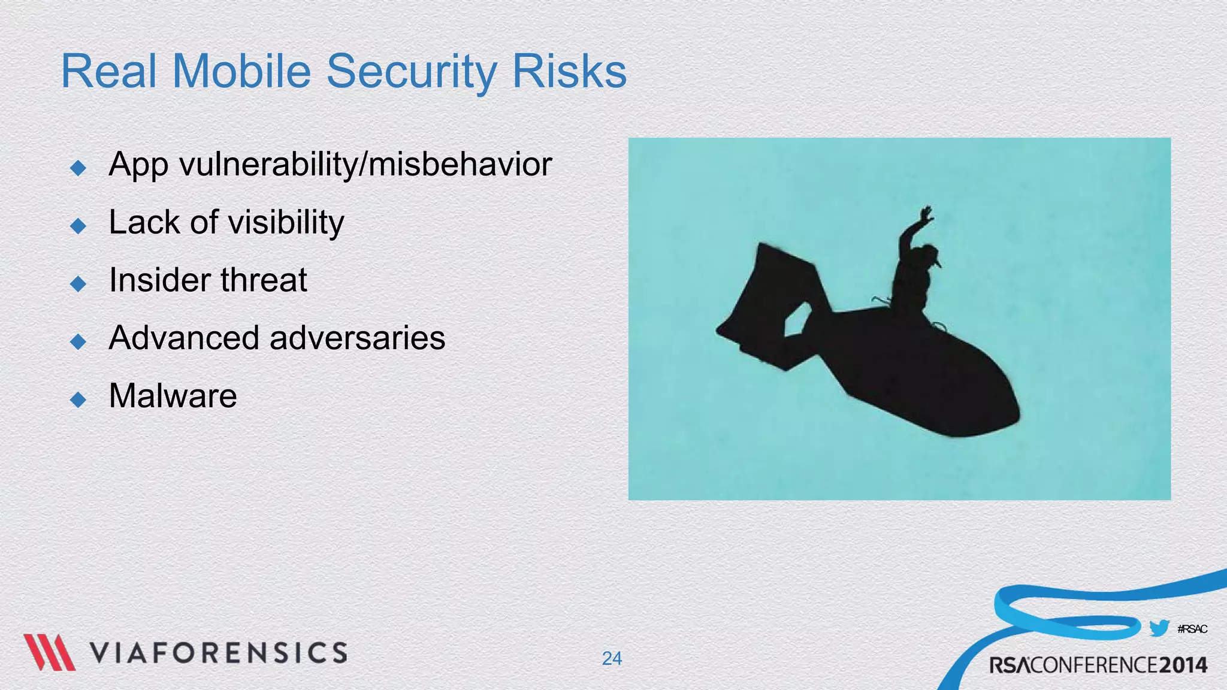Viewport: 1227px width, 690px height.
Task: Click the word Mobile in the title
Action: click(241, 71)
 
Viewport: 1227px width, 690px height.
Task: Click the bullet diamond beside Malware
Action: click(78, 399)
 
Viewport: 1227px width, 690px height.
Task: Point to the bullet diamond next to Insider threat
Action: click(78, 283)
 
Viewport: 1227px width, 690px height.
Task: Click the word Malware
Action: click(173, 396)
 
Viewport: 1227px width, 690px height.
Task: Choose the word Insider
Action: click(159, 280)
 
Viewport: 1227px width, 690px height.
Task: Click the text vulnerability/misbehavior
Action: click(365, 165)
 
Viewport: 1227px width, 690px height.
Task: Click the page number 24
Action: click(612, 658)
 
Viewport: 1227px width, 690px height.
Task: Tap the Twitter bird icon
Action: click(1159, 628)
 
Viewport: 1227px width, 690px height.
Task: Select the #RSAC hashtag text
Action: click(1192, 629)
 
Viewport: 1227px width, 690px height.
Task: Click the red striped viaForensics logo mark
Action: click(49, 652)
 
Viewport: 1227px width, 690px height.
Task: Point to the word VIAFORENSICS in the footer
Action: click(219, 653)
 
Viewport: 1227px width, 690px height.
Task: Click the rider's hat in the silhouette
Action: click(932, 255)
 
